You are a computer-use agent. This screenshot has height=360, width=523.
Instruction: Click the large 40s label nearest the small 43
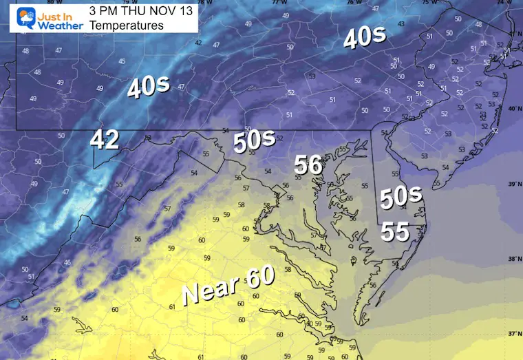(364, 39)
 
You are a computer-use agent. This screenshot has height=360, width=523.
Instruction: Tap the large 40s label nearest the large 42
(148, 87)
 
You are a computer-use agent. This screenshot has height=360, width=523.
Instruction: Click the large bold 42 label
(105, 140)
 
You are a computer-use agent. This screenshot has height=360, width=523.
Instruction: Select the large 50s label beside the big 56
(254, 142)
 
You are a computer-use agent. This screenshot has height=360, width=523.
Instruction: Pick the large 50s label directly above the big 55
(401, 198)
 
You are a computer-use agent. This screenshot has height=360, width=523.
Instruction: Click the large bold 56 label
(308, 165)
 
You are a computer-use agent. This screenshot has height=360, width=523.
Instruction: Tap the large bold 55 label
(396, 232)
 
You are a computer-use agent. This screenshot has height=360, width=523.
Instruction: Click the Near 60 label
(228, 284)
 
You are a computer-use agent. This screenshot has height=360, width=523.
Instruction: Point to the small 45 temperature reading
(122, 61)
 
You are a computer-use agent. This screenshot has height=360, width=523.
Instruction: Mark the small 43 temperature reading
(401, 24)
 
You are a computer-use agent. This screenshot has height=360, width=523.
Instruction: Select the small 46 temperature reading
(67, 263)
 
